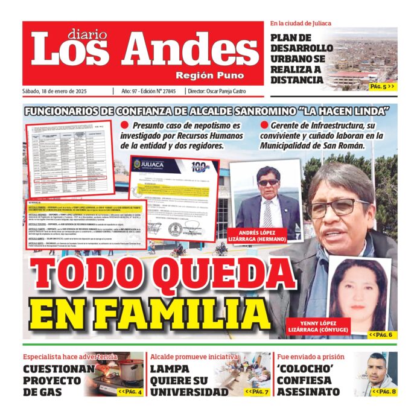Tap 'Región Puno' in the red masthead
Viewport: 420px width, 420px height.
pyautogui.click(x=210, y=75)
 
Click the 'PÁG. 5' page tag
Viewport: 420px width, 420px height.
pyautogui.click(x=382, y=86)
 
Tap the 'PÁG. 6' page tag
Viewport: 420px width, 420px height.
pyautogui.click(x=381, y=334)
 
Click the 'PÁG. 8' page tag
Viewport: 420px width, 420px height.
pyautogui.click(x=384, y=392)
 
